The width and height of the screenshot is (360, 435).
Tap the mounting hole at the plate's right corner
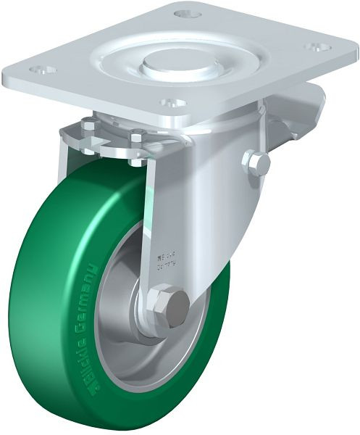[314, 46]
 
